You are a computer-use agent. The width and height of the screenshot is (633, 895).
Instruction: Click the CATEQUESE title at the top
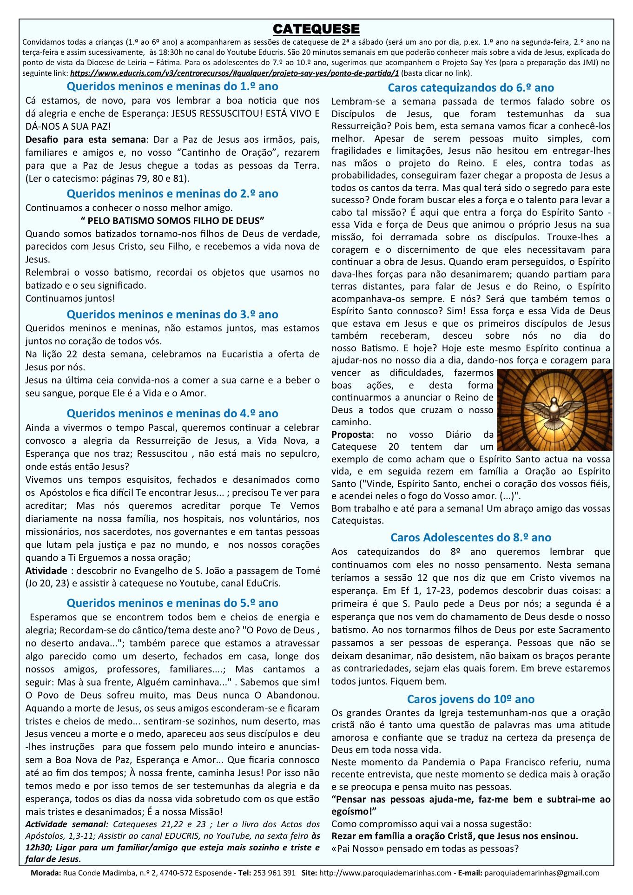(x=316, y=29)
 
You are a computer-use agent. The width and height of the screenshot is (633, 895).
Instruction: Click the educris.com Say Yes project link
(x=234, y=73)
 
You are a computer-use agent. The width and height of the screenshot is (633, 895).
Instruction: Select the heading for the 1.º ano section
(x=172, y=86)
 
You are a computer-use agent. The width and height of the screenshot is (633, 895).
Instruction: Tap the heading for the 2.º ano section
(x=172, y=194)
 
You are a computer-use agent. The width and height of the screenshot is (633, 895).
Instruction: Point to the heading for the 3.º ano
(x=172, y=315)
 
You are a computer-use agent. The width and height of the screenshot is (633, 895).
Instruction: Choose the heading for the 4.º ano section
(x=172, y=414)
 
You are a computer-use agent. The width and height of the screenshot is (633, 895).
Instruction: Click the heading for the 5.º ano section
(x=172, y=603)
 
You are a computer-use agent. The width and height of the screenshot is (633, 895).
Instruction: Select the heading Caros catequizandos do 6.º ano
(x=471, y=88)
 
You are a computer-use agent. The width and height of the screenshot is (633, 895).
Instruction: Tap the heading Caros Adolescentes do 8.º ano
(x=471, y=538)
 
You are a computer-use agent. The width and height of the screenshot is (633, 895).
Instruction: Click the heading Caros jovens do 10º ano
(x=471, y=699)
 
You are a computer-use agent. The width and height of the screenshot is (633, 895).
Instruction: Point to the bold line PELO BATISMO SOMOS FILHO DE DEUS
(x=172, y=221)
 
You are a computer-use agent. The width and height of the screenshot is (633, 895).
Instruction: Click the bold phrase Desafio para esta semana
(x=86, y=140)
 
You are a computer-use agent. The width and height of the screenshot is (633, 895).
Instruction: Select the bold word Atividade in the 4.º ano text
(x=46, y=571)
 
